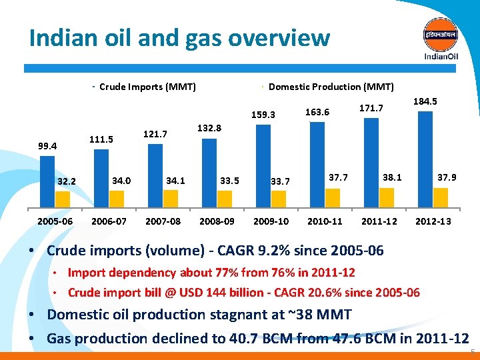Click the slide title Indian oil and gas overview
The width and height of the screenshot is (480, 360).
[179, 37]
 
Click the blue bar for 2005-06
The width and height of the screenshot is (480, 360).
[47, 182]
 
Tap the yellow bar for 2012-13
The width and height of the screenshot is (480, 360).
[441, 198]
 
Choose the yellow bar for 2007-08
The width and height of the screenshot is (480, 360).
[171, 199]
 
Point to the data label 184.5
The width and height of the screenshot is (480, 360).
[425, 101]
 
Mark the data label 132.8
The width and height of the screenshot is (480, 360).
[209, 127]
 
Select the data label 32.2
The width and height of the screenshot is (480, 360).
[67, 181]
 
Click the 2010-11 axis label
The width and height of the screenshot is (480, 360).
[325, 221]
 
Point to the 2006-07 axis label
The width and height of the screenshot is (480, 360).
[109, 221]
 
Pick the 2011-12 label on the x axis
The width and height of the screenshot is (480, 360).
[379, 221]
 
